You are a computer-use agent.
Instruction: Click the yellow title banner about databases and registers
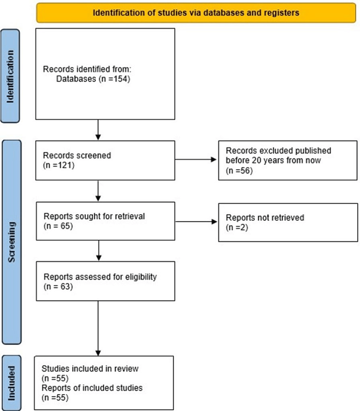tap(196, 13)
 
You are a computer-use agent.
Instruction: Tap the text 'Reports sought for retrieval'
tap(94, 216)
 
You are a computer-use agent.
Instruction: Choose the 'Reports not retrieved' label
tap(265, 218)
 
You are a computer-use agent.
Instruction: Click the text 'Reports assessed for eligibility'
tap(100, 277)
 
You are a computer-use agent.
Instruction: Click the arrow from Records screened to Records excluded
tap(196, 160)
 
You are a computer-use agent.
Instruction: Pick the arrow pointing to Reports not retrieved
tap(196, 222)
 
